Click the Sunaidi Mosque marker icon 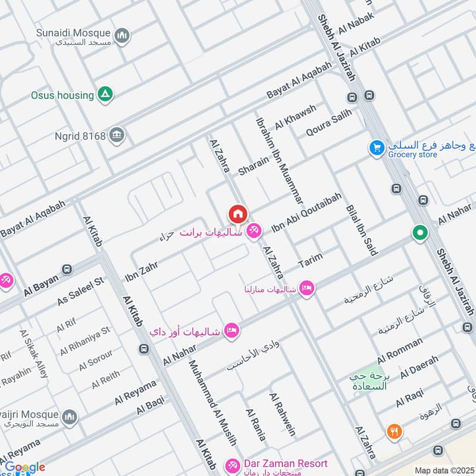click(123, 36)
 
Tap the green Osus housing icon click(105, 95)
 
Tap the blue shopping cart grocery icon click(376, 148)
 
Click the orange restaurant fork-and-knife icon click(394, 431)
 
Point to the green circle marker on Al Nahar click(420, 233)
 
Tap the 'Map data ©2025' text click(444, 470)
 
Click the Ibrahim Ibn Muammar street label click(279, 156)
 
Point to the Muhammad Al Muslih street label click(212, 402)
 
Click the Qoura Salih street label click(329, 123)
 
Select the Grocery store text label click(413, 155)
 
